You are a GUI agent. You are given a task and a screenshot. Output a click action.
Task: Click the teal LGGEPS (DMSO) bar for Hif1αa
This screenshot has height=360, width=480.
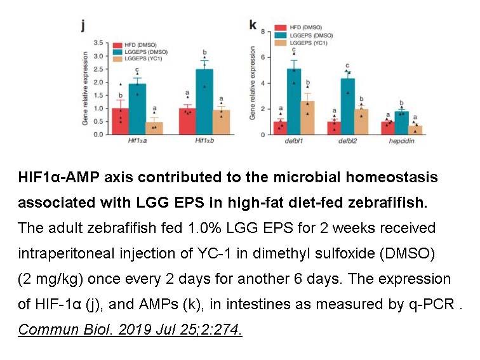tap(137, 109)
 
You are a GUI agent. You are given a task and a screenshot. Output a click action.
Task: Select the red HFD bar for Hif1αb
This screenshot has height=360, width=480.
tap(187, 121)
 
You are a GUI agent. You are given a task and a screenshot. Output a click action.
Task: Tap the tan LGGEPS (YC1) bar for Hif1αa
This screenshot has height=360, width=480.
tap(154, 128)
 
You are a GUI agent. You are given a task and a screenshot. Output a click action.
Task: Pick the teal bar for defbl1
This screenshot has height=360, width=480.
tap(294, 102)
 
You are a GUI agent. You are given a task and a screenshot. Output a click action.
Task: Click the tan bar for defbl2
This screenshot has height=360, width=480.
tap(361, 122)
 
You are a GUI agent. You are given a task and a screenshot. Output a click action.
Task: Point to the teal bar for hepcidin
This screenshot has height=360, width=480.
tap(402, 123)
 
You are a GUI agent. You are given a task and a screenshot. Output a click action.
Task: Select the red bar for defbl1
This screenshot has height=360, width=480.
tap(281, 128)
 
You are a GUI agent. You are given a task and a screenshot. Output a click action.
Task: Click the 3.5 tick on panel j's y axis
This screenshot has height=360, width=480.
tap(98, 43)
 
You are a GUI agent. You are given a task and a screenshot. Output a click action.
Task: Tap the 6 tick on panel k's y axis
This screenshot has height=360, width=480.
tap(263, 58)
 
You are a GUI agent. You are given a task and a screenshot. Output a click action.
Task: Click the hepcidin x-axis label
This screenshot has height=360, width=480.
tap(402, 141)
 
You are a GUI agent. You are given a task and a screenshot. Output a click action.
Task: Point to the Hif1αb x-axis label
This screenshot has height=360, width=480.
tap(204, 140)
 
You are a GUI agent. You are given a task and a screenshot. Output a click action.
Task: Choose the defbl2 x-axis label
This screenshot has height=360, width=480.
tap(348, 141)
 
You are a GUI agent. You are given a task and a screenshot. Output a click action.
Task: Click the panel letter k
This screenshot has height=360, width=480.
tap(253, 25)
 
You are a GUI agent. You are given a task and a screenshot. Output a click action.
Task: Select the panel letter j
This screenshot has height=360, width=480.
tap(83, 25)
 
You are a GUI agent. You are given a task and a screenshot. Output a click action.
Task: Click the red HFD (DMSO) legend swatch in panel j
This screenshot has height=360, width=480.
tap(117, 45)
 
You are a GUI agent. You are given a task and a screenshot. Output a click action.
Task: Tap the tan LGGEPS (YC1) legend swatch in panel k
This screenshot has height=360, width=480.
tap(281, 43)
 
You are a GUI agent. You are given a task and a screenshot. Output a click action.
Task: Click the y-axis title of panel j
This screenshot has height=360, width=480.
tap(85, 88)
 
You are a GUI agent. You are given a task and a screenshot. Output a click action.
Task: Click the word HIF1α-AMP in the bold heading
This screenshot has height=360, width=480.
tap(59, 178)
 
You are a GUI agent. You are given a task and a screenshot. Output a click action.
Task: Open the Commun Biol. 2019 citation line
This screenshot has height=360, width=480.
tap(130, 330)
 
